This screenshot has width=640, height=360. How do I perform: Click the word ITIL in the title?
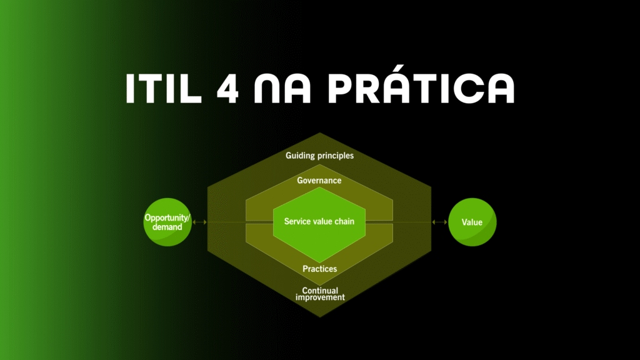[164, 88]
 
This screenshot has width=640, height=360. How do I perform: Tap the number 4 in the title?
[227, 88]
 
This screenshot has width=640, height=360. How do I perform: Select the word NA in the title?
[282, 88]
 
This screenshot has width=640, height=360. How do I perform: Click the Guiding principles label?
[319, 156]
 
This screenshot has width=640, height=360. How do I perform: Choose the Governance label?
[319, 181]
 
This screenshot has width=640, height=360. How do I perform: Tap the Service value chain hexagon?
[319, 225]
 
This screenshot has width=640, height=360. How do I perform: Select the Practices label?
[319, 269]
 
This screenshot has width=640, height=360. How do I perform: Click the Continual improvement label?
[320, 294]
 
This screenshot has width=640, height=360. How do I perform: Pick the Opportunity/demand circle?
[167, 222]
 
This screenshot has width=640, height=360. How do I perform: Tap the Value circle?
[472, 222]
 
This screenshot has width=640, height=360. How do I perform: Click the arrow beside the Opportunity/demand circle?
[199, 222]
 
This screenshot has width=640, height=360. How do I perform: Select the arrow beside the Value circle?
[439, 222]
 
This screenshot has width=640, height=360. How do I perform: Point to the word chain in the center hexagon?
[344, 221]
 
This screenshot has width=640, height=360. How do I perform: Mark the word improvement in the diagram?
[320, 297]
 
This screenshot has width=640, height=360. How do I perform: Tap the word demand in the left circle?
[167, 227]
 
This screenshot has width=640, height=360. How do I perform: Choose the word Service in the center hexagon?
[297, 221]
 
